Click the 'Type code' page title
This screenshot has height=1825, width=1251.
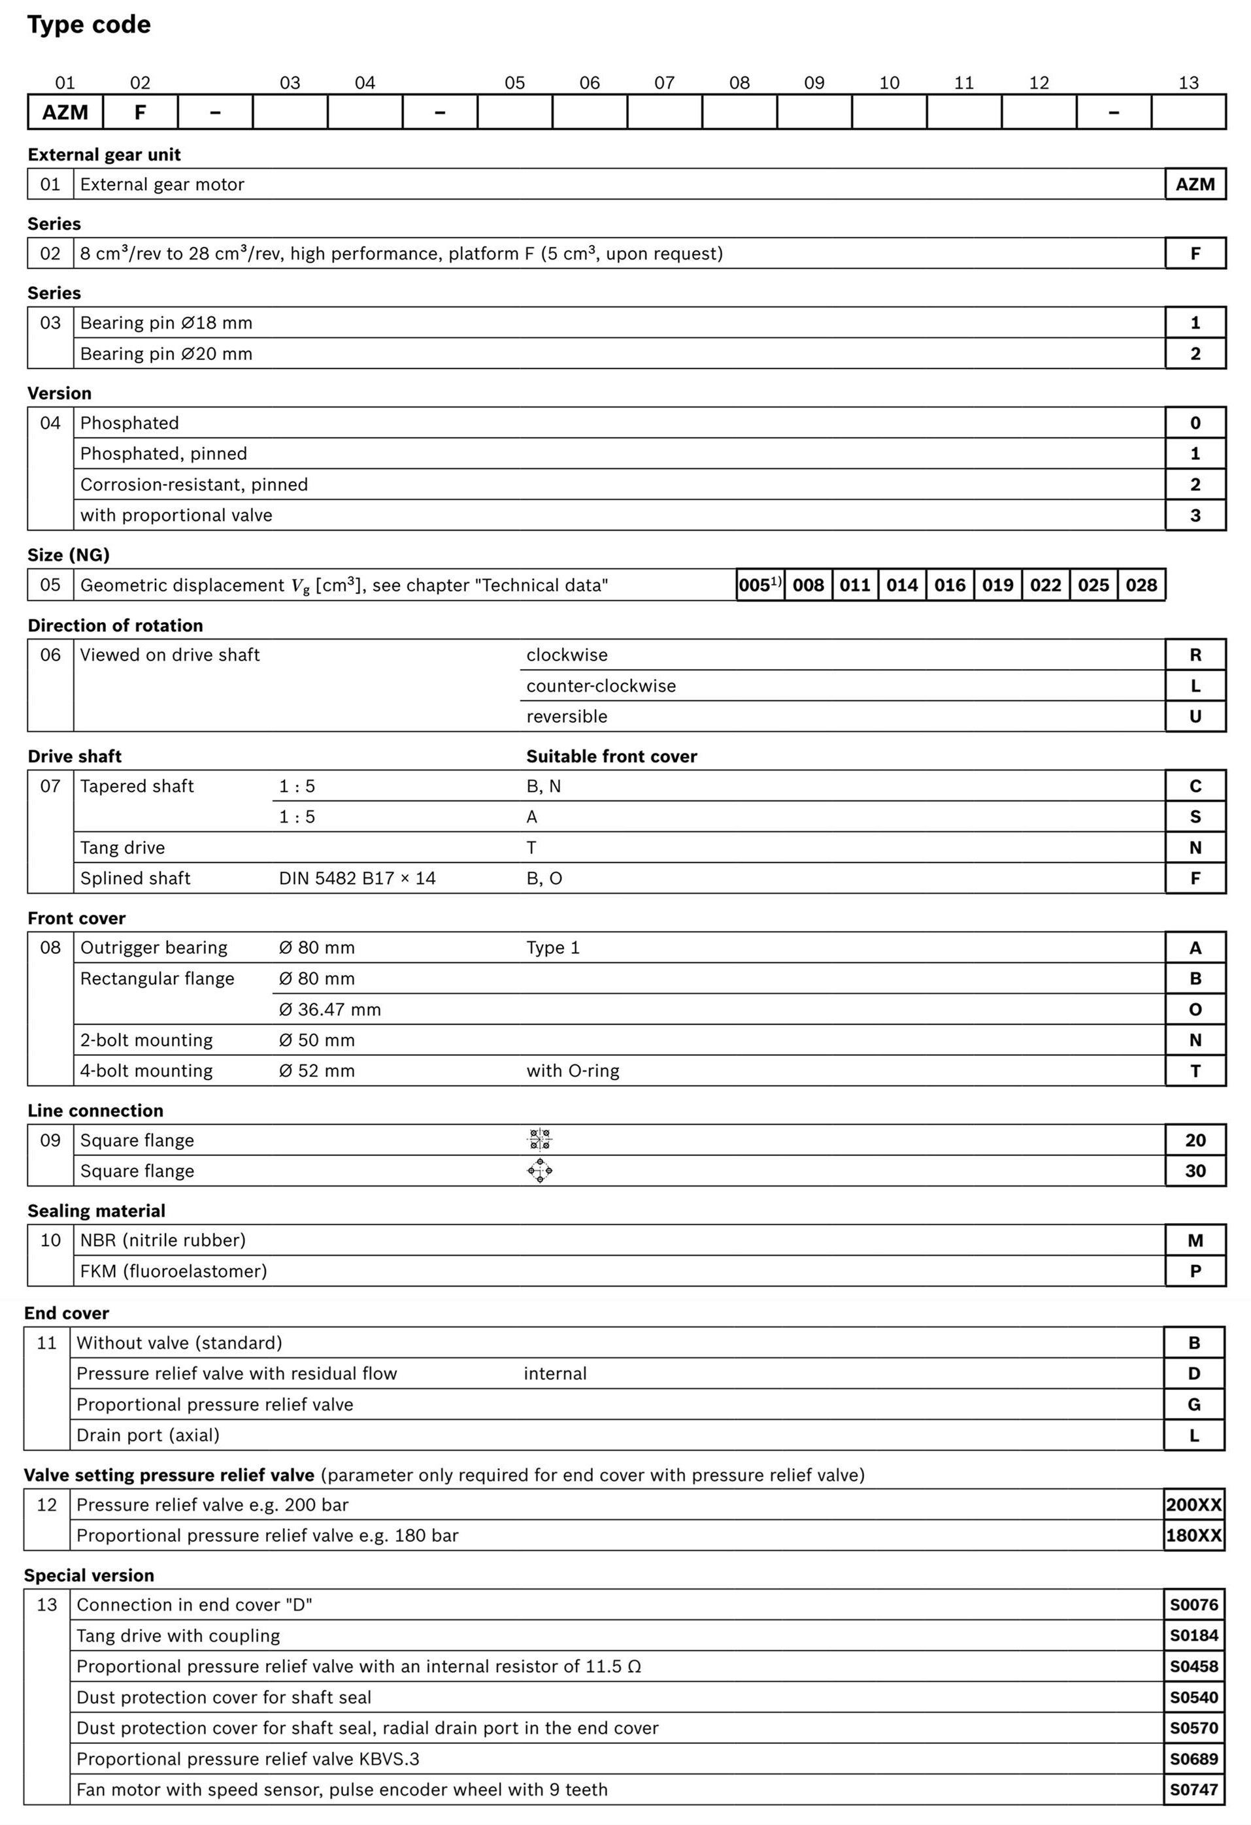pyautogui.click(x=89, y=25)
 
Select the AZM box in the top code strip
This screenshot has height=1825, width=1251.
pyautogui.click(x=65, y=112)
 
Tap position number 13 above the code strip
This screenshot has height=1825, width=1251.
pyautogui.click(x=1188, y=83)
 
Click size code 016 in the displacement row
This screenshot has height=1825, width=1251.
pyautogui.click(x=950, y=585)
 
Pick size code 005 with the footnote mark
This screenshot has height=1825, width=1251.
pyautogui.click(x=759, y=585)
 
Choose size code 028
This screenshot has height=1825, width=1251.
pyautogui.click(x=1141, y=585)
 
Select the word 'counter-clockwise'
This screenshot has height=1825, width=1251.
pyautogui.click(x=601, y=685)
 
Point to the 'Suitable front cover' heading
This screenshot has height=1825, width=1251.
pyautogui.click(x=611, y=756)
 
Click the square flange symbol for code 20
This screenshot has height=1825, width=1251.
pyautogui.click(x=539, y=1140)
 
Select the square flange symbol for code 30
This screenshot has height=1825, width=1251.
pyautogui.click(x=539, y=1171)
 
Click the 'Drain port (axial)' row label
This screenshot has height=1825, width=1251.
pyautogui.click(x=148, y=1435)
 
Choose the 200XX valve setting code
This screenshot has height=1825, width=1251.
pyautogui.click(x=1193, y=1505)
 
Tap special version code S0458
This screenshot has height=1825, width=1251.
pyautogui.click(x=1193, y=1666)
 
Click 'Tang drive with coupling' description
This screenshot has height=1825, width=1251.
pyautogui.click(x=178, y=1636)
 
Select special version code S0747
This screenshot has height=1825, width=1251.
pyautogui.click(x=1193, y=1790)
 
